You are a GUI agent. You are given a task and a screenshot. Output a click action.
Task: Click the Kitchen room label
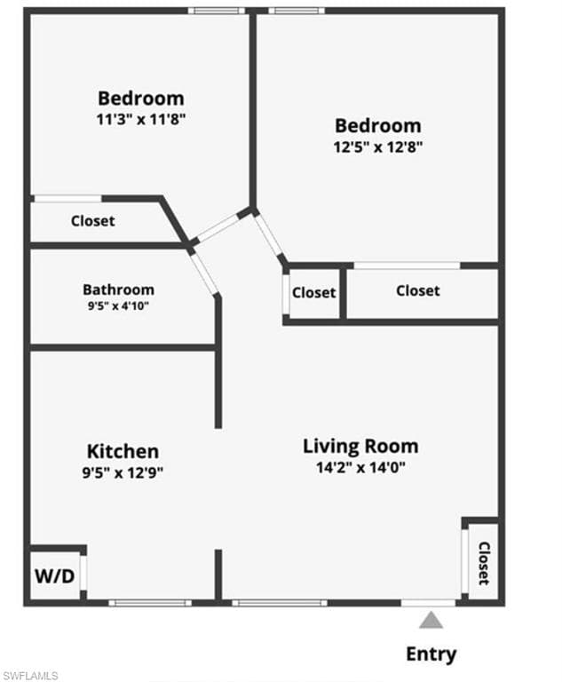[x=123, y=451]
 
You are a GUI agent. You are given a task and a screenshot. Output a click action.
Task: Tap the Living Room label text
[x=360, y=446]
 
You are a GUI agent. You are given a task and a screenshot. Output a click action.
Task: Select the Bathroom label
[x=118, y=289]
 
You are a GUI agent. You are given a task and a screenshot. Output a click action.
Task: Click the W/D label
[x=55, y=575]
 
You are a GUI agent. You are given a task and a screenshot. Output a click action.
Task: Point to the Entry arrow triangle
[x=431, y=620]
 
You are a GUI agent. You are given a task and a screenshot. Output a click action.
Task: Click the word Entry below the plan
[x=431, y=654]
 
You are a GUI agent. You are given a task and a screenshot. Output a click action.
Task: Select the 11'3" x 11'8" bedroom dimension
[x=141, y=118]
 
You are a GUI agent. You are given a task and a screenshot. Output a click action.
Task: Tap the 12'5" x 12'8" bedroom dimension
[x=377, y=147]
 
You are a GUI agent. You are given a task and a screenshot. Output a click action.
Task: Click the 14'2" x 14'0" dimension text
[x=360, y=468]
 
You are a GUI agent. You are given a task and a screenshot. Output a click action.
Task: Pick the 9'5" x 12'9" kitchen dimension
[x=123, y=472]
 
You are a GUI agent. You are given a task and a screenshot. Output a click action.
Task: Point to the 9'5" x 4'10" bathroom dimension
[x=118, y=307]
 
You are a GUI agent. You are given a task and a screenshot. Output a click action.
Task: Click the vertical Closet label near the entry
[x=484, y=563]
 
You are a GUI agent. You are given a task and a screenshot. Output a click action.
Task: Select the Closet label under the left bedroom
[x=92, y=221]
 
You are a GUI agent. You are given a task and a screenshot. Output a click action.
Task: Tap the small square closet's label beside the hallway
[x=314, y=293]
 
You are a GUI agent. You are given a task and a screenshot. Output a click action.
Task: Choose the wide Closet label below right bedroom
[x=417, y=290]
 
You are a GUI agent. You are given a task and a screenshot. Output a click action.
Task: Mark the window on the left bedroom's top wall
[x=216, y=12]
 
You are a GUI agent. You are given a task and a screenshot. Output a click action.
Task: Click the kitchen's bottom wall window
[x=149, y=603]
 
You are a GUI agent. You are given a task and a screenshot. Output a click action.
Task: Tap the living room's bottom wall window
[x=279, y=603]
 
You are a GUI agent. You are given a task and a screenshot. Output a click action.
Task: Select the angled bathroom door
[x=204, y=274]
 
